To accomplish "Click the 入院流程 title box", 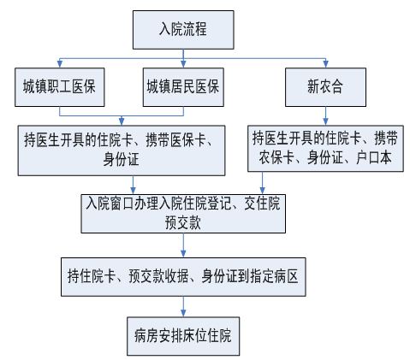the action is (x=183, y=30).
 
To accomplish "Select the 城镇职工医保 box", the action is (x=60, y=87).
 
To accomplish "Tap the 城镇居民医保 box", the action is (x=183, y=87).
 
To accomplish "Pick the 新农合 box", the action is (x=325, y=87).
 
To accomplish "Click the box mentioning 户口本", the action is (x=325, y=149).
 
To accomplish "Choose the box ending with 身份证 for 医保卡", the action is (x=122, y=150).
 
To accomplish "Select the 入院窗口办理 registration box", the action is (x=183, y=214).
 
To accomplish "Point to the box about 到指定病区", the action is (x=183, y=277).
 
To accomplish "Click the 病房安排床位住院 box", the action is (x=183, y=336).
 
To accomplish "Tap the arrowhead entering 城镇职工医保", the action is (x=60, y=64).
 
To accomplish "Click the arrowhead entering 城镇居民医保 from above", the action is (x=183, y=64).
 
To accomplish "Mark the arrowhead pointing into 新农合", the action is (x=325, y=64).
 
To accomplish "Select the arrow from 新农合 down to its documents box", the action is (x=325, y=116).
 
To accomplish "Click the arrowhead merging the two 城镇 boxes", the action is (x=122, y=121).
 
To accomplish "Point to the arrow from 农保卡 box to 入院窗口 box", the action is (x=262, y=183).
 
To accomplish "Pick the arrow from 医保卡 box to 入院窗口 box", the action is (x=133, y=185).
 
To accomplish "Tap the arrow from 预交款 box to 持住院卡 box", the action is (x=183, y=245).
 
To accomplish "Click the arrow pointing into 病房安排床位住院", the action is (x=183, y=306).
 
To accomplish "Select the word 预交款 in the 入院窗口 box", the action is (x=183, y=223).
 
